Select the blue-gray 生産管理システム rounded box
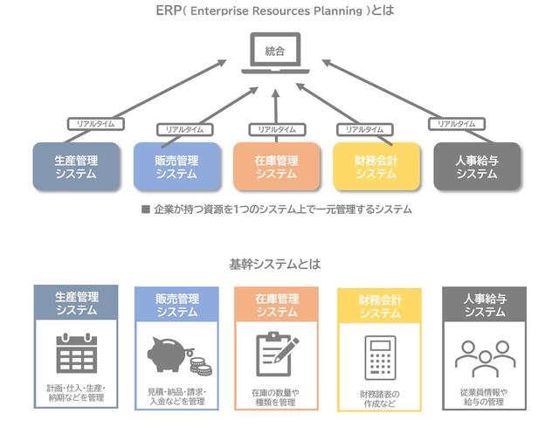click(x=75, y=166)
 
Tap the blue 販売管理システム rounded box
click(x=176, y=166)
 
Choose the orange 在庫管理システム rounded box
click(x=276, y=166)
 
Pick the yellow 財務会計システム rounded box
click(x=376, y=166)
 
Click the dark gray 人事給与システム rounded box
click(x=477, y=166)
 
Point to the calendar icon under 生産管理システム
click(x=75, y=354)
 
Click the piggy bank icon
click(x=172, y=354)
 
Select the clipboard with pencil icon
click(x=276, y=354)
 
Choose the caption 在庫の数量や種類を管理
click(x=276, y=398)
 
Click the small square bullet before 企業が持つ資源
click(x=146, y=210)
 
